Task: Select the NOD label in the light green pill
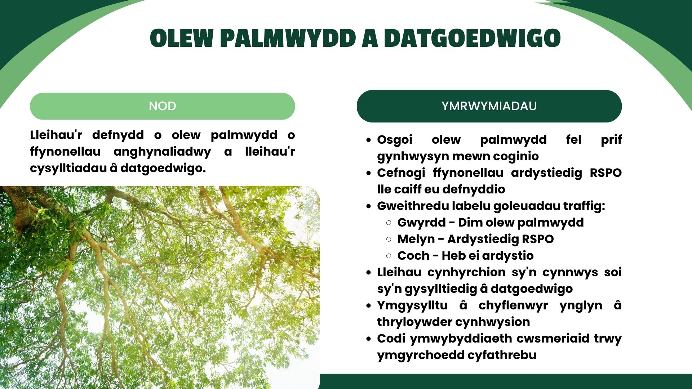[163, 106]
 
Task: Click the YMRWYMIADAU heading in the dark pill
[489, 106]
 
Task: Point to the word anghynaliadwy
[162, 152]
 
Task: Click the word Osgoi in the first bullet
[395, 140]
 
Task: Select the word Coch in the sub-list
[413, 255]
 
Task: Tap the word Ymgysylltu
[412, 305]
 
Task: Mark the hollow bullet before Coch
[389, 256]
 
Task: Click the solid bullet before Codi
[368, 339]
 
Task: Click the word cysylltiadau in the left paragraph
[68, 169]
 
